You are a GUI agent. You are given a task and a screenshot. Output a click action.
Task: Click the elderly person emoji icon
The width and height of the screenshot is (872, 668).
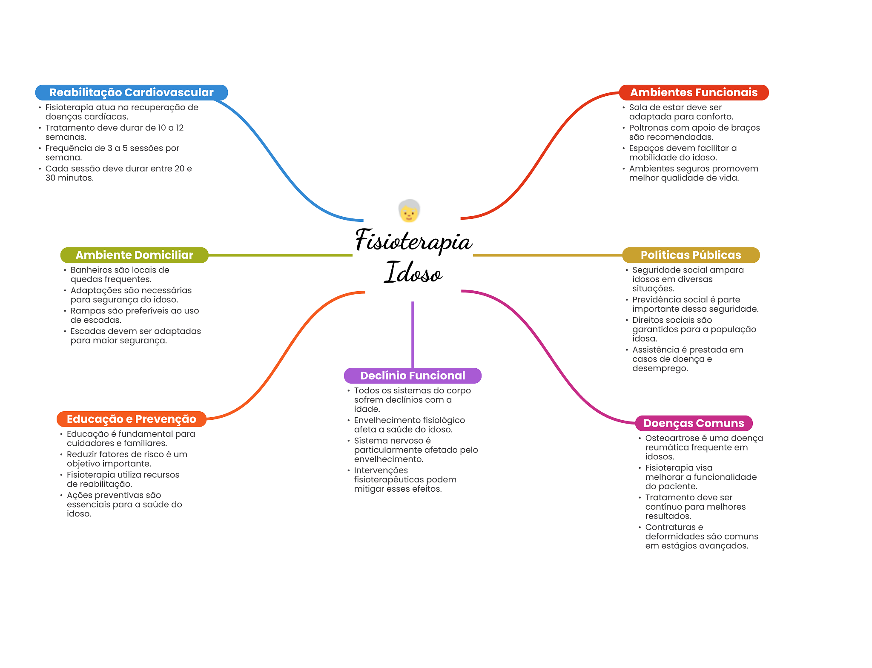(x=409, y=211)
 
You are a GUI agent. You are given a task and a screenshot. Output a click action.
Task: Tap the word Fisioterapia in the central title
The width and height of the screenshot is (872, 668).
(x=413, y=241)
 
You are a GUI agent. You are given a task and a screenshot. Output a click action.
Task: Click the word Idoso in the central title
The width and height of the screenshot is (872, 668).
(x=413, y=273)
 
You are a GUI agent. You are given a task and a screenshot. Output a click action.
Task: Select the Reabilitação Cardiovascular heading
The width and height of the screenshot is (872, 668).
(x=131, y=92)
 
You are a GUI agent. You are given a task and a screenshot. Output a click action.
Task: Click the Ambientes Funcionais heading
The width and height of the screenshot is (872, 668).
(x=694, y=92)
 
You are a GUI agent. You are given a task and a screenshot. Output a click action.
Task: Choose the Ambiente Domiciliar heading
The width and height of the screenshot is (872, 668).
(x=134, y=255)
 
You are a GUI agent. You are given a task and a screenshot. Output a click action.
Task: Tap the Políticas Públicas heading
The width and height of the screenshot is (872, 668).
(x=691, y=255)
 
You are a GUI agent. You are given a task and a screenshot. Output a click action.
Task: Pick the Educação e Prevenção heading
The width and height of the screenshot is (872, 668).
(x=131, y=419)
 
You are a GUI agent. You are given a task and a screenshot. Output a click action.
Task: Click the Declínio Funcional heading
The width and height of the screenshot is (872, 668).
(x=413, y=376)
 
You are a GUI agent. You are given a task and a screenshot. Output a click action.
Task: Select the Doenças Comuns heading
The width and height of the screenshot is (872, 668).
(x=694, y=423)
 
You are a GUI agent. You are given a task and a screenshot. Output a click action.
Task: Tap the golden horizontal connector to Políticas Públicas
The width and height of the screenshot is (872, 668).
(x=547, y=255)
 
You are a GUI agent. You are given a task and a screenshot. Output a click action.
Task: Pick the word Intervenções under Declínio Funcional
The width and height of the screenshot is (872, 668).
(x=381, y=470)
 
